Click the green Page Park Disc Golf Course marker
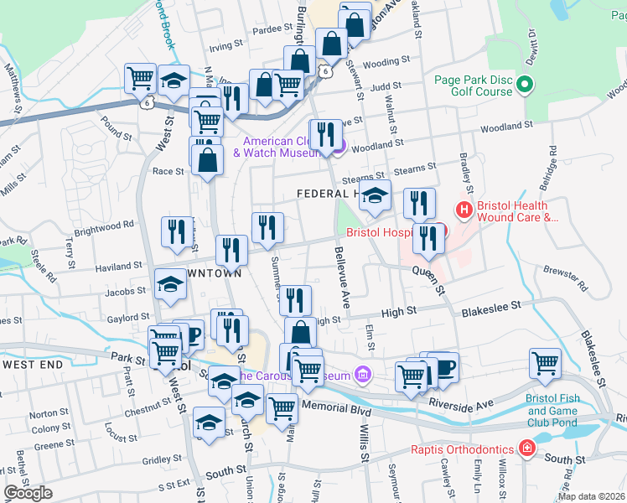(526, 86)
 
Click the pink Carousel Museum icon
(362, 375)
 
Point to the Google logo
(28, 493)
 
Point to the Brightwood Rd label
(104, 225)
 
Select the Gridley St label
(157, 460)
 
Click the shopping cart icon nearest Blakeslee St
(546, 364)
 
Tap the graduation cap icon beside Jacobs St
(171, 283)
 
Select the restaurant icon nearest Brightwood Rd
(176, 233)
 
